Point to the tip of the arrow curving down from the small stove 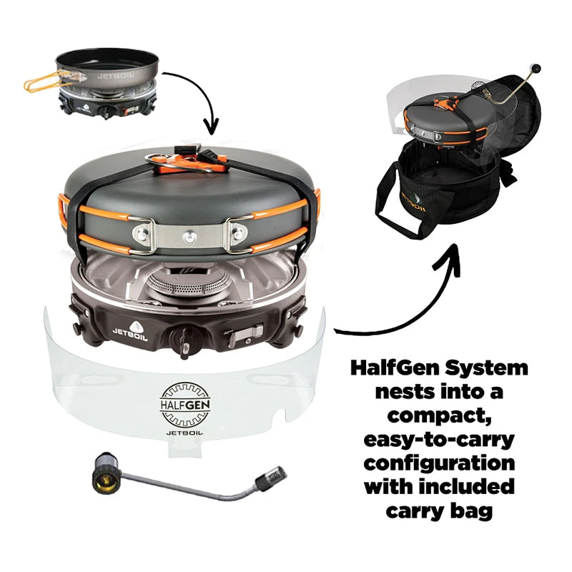[x=212, y=132]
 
